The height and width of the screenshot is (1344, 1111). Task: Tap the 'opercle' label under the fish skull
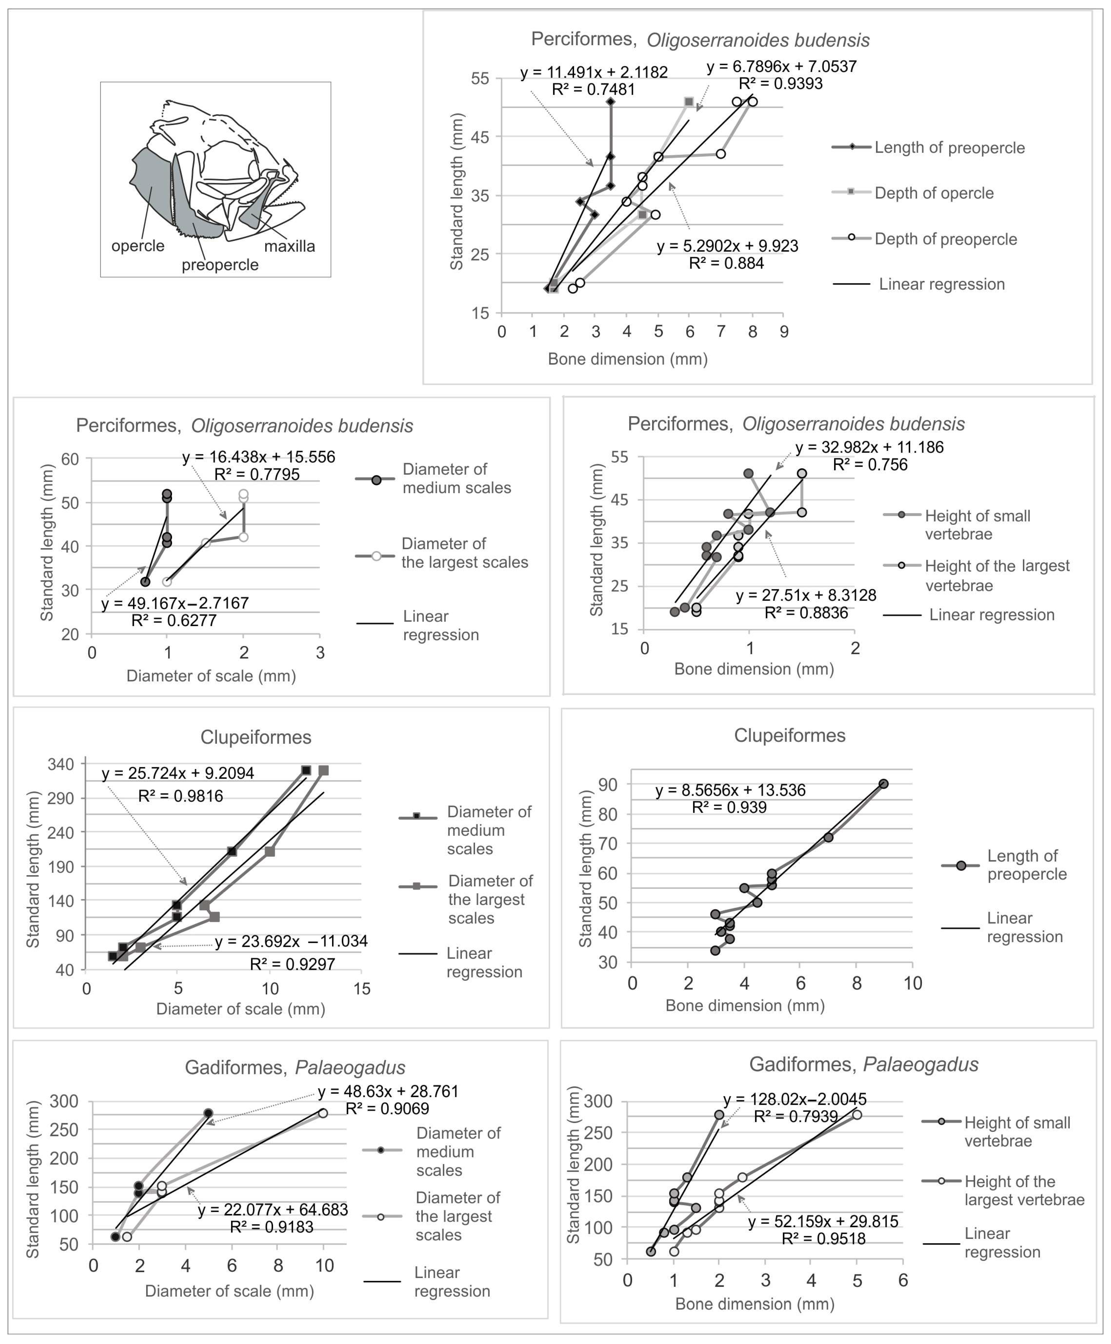coord(138,246)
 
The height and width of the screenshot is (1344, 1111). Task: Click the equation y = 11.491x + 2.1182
coord(594,72)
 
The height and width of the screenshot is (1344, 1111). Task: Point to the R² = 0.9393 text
coord(780,84)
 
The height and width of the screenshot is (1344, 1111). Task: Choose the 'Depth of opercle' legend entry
coord(934,193)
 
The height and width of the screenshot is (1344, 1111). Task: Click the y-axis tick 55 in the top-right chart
coord(480,79)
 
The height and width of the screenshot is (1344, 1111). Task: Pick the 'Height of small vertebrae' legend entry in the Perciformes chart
coord(977,525)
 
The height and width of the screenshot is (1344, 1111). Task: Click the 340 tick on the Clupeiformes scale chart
coord(61,764)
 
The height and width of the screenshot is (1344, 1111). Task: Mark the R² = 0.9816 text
coord(181,796)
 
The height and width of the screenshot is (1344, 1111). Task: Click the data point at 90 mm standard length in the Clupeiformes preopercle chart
coord(883,784)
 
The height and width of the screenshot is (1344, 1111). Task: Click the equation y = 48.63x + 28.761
coord(388,1091)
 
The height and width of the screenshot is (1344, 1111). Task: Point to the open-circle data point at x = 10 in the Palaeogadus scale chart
coord(323,1113)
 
